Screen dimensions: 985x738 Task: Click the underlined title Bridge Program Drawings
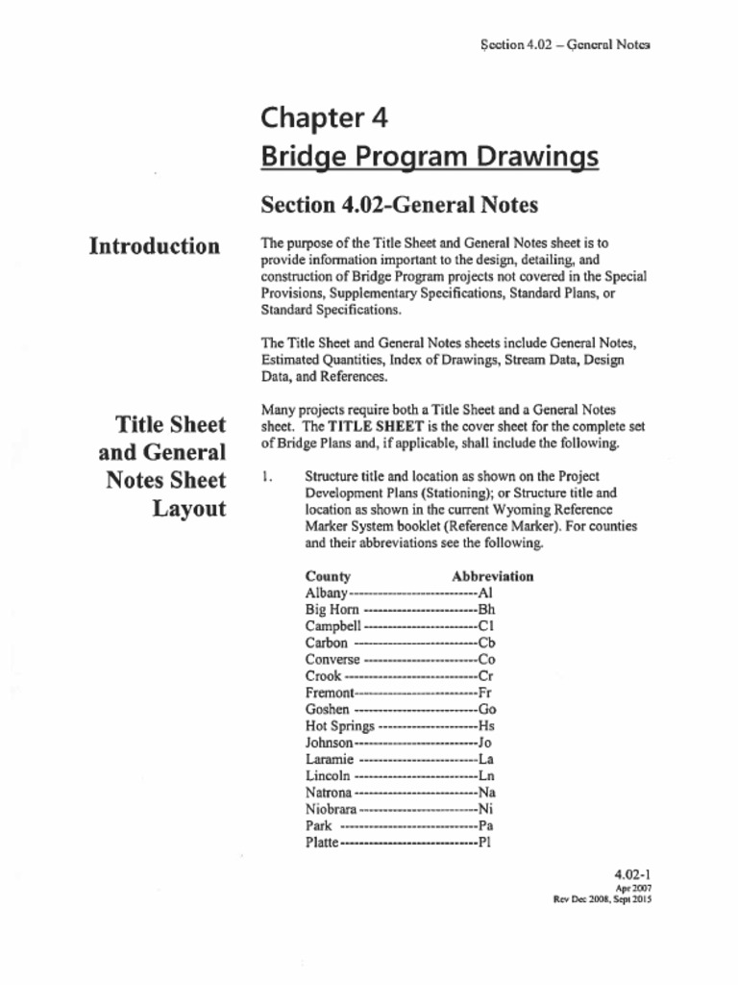430,157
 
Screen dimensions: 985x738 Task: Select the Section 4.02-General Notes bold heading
399,205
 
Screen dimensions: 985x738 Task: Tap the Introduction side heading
154,246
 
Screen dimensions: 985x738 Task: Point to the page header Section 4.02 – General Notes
564,44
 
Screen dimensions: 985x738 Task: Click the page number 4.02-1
633,874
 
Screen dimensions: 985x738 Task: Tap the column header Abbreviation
492,577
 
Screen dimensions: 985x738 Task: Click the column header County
328,577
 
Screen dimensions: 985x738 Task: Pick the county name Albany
326,594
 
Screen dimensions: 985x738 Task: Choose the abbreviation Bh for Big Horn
486,610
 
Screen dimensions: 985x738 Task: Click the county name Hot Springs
339,726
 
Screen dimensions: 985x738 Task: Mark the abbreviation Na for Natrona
486,793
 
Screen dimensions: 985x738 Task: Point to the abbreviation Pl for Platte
485,843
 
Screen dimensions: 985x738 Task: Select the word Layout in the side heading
189,508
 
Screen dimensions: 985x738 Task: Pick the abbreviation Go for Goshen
487,710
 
